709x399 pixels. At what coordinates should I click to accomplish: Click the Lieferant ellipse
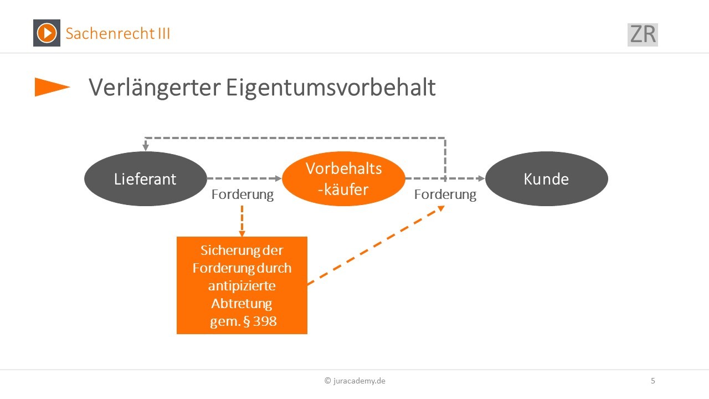click(146, 178)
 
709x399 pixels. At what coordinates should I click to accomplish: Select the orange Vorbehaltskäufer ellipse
click(343, 178)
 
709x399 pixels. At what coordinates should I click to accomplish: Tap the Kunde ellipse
click(547, 178)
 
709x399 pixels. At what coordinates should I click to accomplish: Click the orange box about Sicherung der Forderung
click(242, 285)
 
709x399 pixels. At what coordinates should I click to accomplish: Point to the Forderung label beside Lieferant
click(243, 195)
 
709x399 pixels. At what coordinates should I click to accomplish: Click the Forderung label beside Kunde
click(445, 195)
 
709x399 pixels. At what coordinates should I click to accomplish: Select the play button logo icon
click(47, 33)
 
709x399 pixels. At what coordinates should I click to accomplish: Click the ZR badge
click(643, 34)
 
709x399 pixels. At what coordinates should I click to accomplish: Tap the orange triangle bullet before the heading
click(52, 87)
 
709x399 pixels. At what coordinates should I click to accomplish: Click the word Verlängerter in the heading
click(155, 88)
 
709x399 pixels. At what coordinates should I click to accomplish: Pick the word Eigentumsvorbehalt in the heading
click(331, 88)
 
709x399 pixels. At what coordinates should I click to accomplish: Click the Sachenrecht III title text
click(118, 33)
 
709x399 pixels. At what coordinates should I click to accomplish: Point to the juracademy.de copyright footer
click(355, 381)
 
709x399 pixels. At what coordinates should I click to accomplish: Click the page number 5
click(653, 381)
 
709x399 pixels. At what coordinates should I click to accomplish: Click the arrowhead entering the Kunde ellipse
click(481, 178)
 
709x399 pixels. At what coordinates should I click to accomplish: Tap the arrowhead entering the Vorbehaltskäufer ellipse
click(278, 178)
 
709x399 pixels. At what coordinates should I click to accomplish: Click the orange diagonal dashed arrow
click(376, 245)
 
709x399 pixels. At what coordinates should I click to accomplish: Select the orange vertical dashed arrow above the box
click(242, 221)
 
